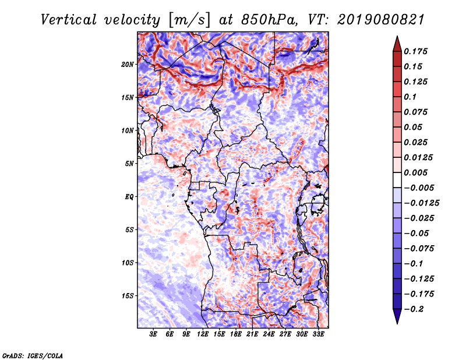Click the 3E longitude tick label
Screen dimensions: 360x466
154,335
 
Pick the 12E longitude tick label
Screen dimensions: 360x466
203,335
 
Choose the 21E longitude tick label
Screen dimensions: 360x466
252,335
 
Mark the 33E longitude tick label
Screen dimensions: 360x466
318,335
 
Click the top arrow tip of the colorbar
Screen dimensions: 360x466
397,37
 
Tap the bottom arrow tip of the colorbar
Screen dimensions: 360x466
397,323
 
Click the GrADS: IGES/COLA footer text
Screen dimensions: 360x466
32,355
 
